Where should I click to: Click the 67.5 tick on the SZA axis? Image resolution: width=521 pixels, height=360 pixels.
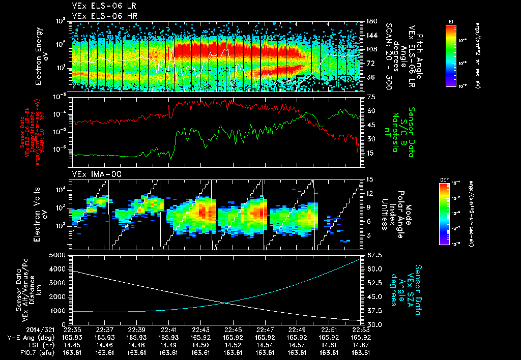click(x=370, y=255)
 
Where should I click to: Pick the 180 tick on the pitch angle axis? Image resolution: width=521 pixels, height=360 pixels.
click(x=370, y=21)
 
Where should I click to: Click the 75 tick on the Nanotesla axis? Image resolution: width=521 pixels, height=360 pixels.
click(x=369, y=96)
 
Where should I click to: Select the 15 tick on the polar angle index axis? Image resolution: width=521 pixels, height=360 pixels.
click(x=369, y=179)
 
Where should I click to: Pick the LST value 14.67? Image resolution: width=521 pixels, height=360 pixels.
click(x=361, y=344)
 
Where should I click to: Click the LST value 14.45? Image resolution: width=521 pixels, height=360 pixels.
click(x=73, y=344)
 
